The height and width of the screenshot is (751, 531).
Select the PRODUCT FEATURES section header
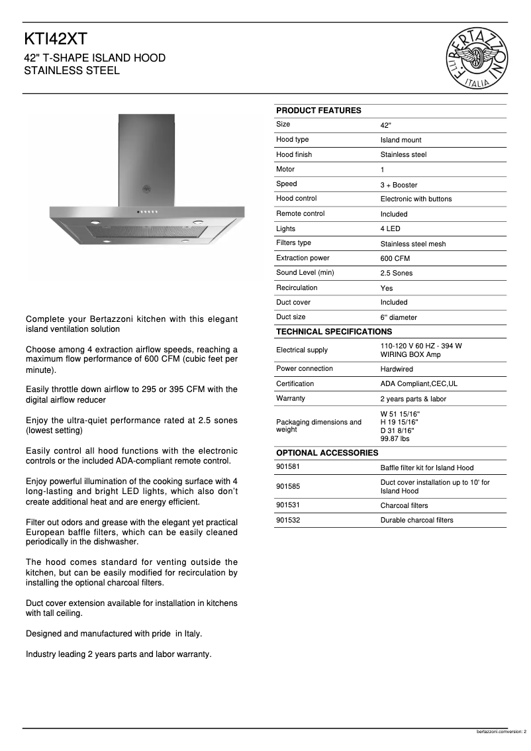[x=318, y=111]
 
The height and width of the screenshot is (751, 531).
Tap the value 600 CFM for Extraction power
[x=395, y=258]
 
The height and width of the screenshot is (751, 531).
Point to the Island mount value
[x=401, y=140]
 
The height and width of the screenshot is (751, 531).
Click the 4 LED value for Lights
[x=390, y=228]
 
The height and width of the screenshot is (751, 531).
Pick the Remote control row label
[x=300, y=214]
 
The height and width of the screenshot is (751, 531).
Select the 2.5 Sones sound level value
[x=396, y=273]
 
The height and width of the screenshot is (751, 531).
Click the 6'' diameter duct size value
[x=399, y=317]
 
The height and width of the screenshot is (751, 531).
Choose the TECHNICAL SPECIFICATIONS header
[x=334, y=332]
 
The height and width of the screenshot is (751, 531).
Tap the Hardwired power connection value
[x=396, y=369]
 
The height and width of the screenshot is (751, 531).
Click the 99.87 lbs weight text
[x=395, y=438]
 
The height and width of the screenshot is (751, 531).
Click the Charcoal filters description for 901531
[x=404, y=506]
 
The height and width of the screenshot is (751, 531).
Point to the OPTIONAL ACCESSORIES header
[x=327, y=453]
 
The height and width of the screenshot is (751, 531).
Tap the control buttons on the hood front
[x=146, y=212]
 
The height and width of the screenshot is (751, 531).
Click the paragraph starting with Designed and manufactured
[x=114, y=634]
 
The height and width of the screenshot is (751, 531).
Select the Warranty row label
[x=291, y=399]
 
